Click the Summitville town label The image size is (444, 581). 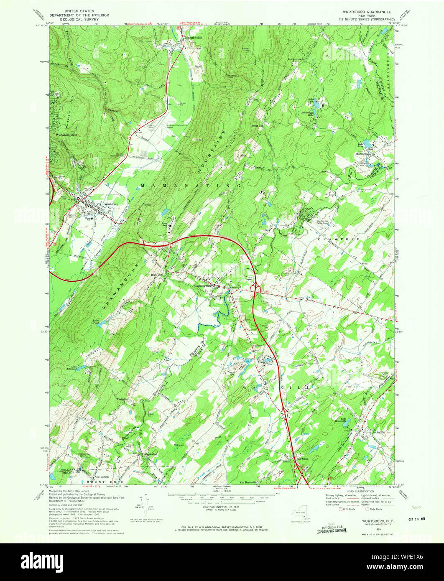tap(194, 38)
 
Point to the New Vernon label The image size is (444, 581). tap(102, 477)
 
